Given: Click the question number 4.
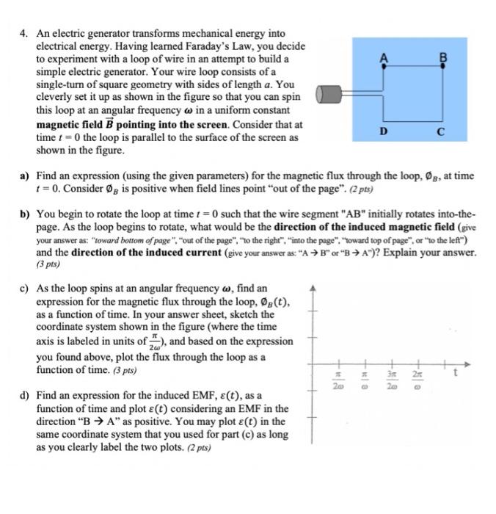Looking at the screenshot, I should [x=23, y=33].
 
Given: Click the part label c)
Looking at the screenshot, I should [x=25, y=289].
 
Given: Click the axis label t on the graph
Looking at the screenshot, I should [x=459, y=372].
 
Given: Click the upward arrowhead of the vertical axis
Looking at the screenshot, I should [x=315, y=286].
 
